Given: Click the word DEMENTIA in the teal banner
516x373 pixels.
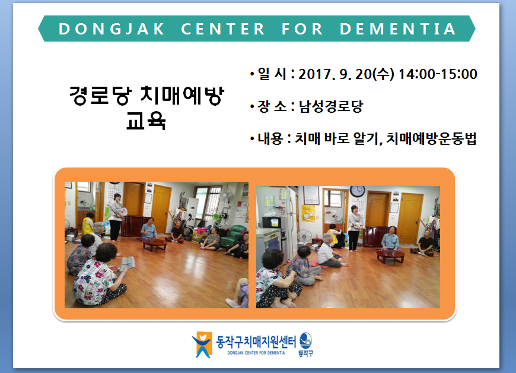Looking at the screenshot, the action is click(397, 29).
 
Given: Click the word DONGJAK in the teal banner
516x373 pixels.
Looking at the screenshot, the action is click(112, 29).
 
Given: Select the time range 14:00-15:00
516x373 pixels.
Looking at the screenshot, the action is click(438, 74).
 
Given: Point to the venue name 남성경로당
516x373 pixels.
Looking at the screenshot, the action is click(331, 106).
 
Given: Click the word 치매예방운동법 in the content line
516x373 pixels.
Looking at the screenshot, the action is click(431, 138).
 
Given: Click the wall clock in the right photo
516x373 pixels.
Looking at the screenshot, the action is click(357, 191).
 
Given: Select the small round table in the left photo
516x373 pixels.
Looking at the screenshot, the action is click(155, 244).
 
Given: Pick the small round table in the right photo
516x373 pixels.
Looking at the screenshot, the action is click(390, 256).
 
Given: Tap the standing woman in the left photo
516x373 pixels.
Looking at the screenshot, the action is click(116, 217).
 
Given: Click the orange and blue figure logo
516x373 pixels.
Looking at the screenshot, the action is click(202, 344).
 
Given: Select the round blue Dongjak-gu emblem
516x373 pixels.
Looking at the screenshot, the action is click(305, 341).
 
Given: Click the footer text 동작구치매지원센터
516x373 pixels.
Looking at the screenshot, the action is click(256, 342).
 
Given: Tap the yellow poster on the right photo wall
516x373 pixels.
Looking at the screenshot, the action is click(308, 213).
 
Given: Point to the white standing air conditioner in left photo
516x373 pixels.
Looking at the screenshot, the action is click(192, 213).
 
